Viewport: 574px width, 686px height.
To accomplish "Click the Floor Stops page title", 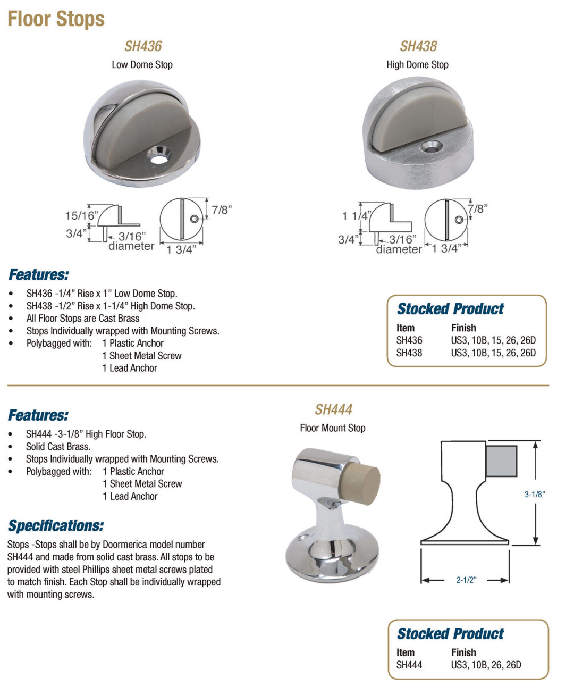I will [x=56, y=19].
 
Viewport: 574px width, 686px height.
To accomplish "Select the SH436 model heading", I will [x=143, y=46].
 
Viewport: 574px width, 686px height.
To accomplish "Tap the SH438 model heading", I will [x=418, y=46].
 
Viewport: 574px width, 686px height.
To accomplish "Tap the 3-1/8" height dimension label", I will [x=535, y=494].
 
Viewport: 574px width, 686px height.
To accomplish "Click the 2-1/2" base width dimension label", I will [x=466, y=580].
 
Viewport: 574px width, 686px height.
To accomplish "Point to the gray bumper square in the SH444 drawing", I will [x=501, y=461].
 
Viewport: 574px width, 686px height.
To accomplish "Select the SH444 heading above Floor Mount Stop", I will [x=333, y=409].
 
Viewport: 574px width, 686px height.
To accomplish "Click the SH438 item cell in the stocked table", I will [x=409, y=353].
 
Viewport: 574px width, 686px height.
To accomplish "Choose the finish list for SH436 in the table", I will [x=493, y=340].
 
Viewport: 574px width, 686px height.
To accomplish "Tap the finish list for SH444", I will [x=486, y=665].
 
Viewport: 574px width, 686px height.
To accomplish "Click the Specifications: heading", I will [x=56, y=525].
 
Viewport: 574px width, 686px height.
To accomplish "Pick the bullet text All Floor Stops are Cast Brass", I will [x=83, y=319].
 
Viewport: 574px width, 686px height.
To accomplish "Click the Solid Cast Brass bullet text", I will [x=58, y=447].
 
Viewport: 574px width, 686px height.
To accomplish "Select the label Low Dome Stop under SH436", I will [x=142, y=65].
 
